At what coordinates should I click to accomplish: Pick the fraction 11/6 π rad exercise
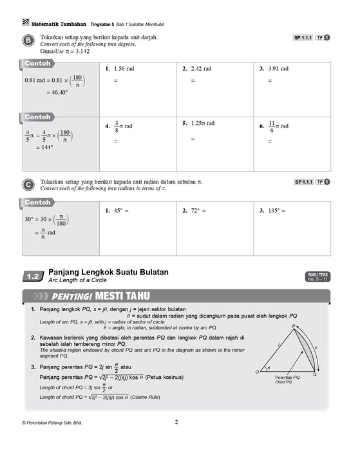(278, 126)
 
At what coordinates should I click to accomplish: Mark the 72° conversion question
(198, 211)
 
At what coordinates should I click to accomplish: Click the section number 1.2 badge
(33, 276)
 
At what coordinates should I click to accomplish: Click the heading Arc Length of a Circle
(81, 281)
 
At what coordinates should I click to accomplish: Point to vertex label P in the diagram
(294, 327)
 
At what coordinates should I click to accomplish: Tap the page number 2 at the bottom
(176, 423)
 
